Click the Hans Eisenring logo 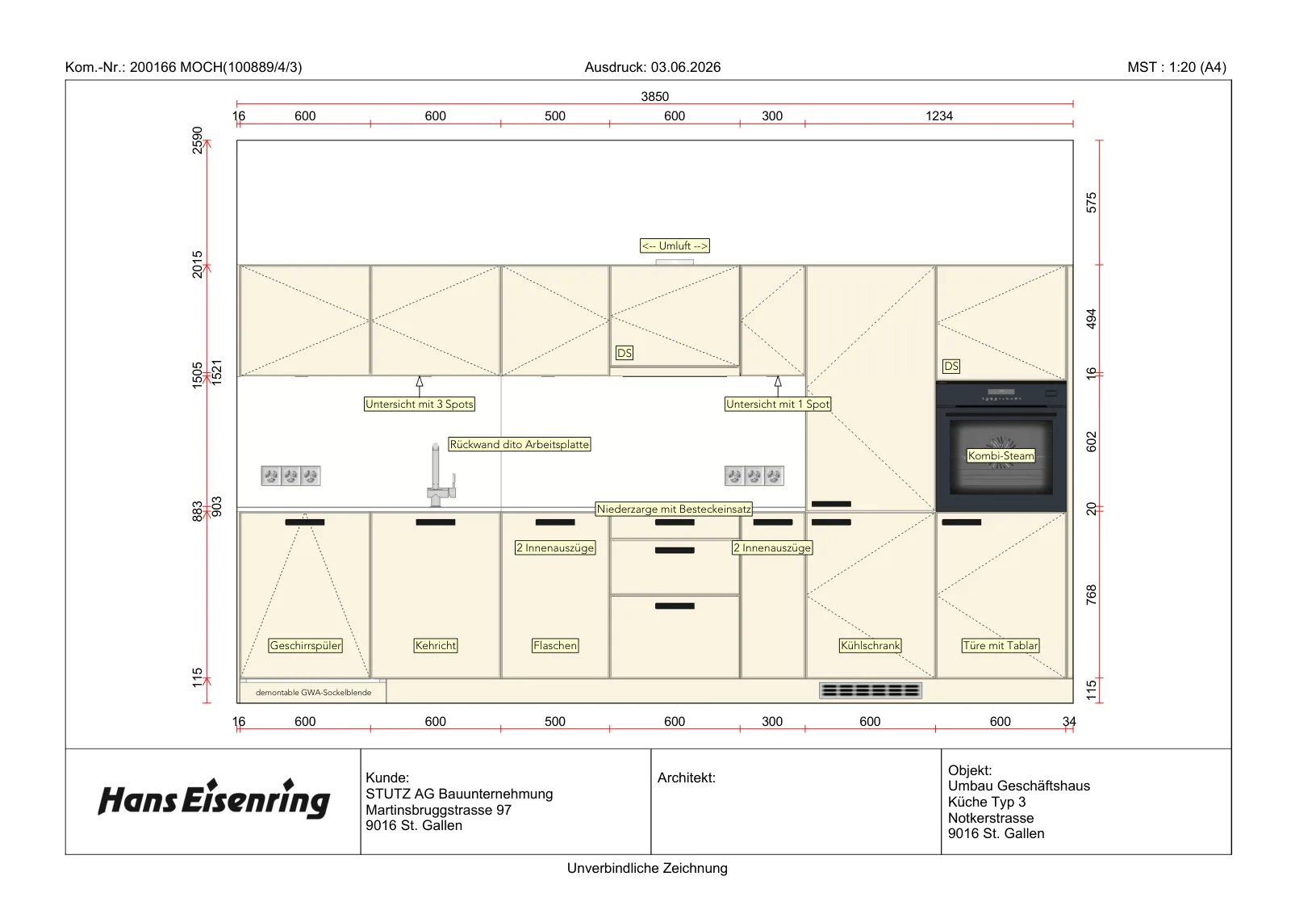click(x=214, y=799)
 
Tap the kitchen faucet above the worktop click(x=440, y=475)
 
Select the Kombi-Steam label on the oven click(x=1001, y=455)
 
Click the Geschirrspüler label click(x=306, y=645)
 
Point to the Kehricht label click(x=435, y=645)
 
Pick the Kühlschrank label click(x=870, y=645)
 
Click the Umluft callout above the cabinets click(x=675, y=245)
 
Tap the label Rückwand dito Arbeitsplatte click(x=520, y=444)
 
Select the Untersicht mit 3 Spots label click(x=419, y=404)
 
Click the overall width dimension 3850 click(x=654, y=96)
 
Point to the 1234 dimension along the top click(x=939, y=116)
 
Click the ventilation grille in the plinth click(x=871, y=690)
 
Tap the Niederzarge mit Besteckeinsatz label click(x=674, y=509)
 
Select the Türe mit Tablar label click(x=1000, y=645)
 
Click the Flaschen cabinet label click(x=555, y=645)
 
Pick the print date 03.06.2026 click(x=686, y=68)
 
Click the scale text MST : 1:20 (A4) click(x=1176, y=68)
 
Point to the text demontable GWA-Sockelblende click(x=314, y=692)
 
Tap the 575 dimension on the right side click(x=1091, y=203)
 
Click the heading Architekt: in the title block click(x=687, y=778)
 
